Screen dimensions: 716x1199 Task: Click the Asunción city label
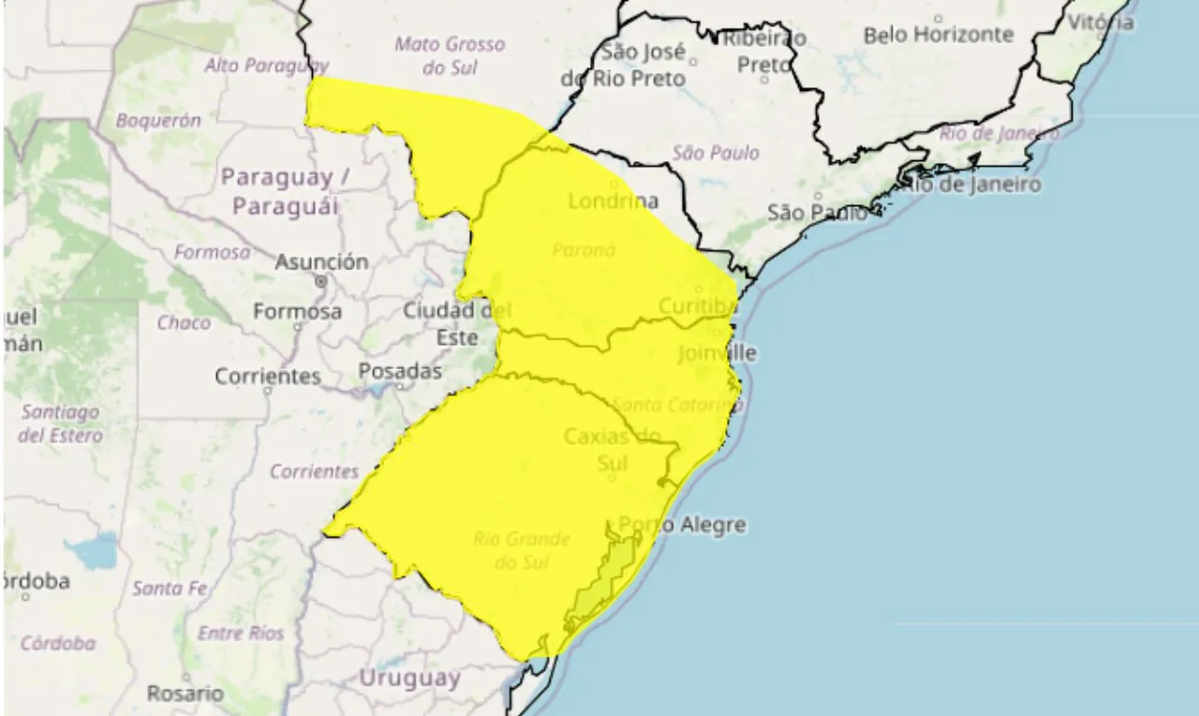[320, 262]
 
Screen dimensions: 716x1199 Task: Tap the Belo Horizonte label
[939, 35]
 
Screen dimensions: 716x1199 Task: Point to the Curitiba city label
[698, 306]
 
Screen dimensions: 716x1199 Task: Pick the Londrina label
[613, 201]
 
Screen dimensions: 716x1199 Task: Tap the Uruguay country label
[409, 678]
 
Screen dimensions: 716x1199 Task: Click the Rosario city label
[185, 694]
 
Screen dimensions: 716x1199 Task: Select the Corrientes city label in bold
[268, 377]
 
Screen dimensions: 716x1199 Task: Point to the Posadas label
[400, 371]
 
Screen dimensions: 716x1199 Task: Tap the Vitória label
[1101, 22]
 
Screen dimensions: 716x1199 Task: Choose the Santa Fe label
[170, 589]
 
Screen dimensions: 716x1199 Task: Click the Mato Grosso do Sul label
[450, 55]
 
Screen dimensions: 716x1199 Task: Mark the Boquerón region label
[158, 120]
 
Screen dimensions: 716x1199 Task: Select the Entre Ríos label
[241, 634]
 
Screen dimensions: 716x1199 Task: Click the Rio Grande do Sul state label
[521, 550]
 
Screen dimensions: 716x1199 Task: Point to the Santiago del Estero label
[60, 424]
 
